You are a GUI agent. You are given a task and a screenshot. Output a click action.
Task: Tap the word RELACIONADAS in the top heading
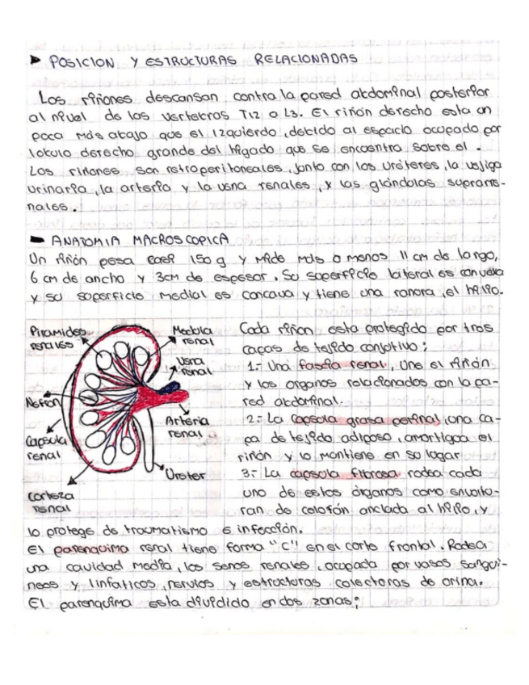[x=306, y=60]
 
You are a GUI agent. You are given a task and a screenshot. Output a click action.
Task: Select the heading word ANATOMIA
[x=84, y=240]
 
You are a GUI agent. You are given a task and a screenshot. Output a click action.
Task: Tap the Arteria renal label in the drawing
[x=188, y=427]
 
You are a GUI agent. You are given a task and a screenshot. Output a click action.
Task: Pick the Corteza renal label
[x=48, y=502]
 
